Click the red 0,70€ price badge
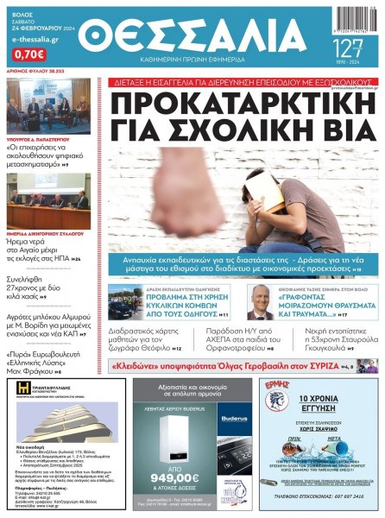tap(28, 53)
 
